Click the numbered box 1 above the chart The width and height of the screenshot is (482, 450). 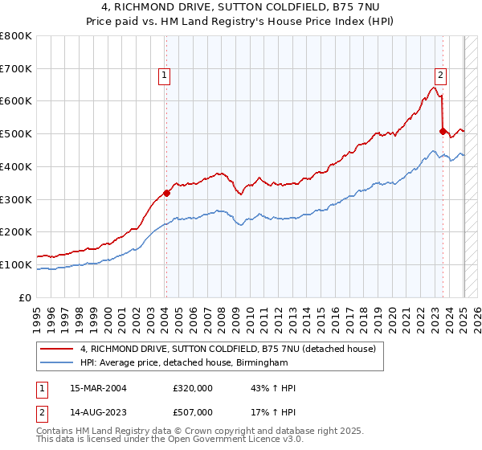point(164,76)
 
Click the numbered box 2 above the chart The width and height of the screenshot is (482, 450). point(440,76)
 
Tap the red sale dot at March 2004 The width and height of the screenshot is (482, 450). point(166,193)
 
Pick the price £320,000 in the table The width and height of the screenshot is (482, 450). point(192,388)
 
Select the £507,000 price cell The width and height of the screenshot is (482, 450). point(192,412)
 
